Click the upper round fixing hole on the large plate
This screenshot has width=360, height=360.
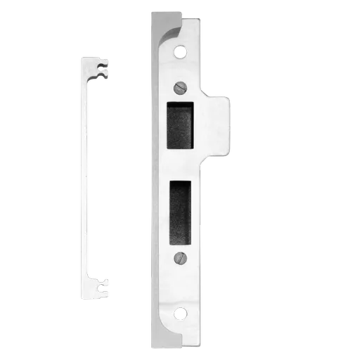(180, 51)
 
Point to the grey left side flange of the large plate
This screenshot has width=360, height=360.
(154, 176)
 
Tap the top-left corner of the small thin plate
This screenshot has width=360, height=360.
(81, 58)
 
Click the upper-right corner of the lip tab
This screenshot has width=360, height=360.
(227, 98)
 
